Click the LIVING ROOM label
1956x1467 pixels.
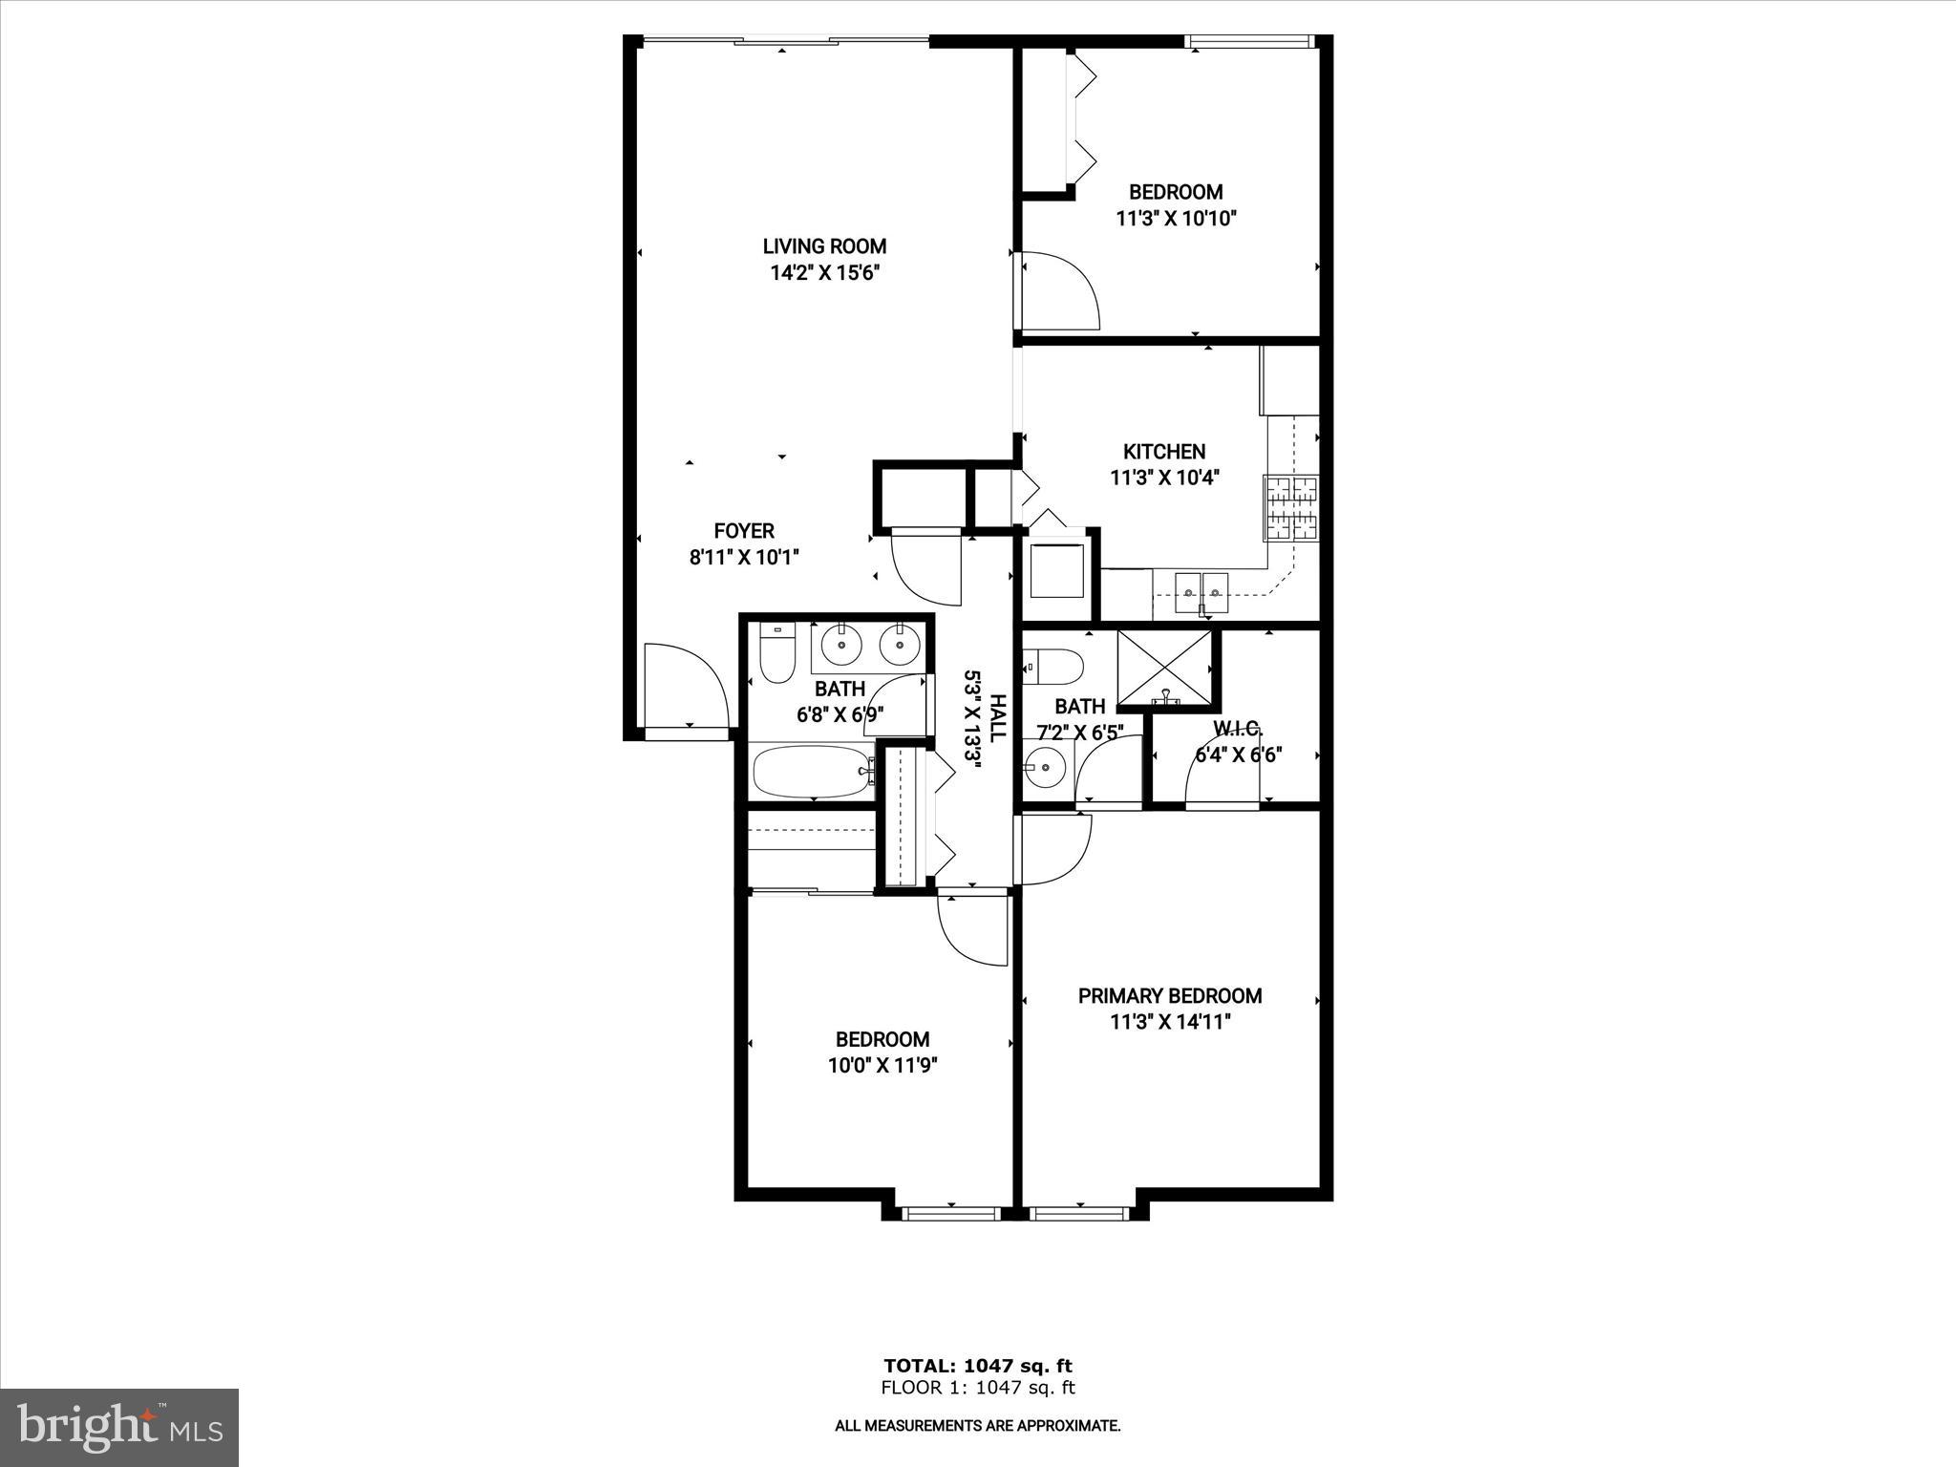(x=824, y=246)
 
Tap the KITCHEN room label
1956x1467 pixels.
(x=1163, y=452)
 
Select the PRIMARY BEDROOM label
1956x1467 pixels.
(x=1170, y=996)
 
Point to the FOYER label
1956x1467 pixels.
(x=744, y=531)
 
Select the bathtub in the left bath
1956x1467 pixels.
(x=813, y=772)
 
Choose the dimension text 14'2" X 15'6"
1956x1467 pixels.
(x=824, y=273)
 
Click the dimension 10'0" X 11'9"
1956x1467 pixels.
(x=882, y=1066)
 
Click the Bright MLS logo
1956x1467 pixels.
(x=119, y=1427)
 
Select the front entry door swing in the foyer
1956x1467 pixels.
(x=686, y=684)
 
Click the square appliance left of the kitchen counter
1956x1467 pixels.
(x=1056, y=569)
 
